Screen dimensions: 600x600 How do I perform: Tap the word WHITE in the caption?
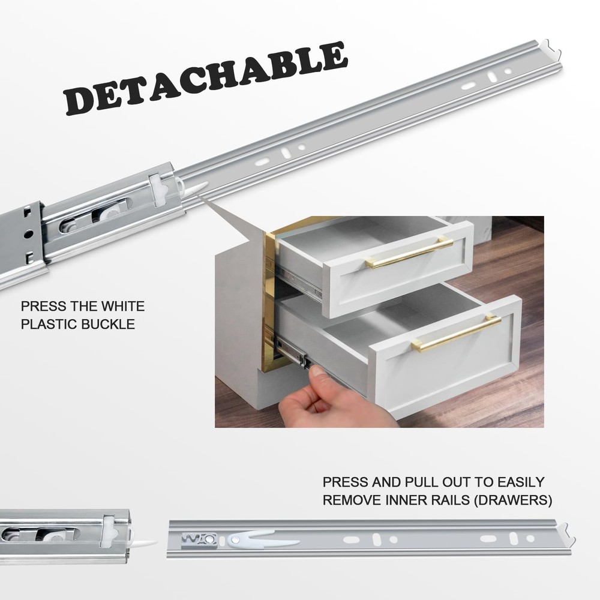(x=123, y=306)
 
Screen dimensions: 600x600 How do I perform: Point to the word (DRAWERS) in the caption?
(x=513, y=500)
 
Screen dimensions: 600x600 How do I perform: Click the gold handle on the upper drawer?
(x=409, y=252)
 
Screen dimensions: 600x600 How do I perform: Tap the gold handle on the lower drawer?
(x=456, y=333)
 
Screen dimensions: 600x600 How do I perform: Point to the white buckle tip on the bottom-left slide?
(x=146, y=542)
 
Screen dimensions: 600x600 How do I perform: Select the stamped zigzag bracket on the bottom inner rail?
(x=199, y=539)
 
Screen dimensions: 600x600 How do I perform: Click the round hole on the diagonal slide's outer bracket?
(x=28, y=233)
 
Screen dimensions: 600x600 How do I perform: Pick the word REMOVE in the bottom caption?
(x=353, y=500)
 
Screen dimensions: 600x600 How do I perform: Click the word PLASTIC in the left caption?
(x=49, y=324)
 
